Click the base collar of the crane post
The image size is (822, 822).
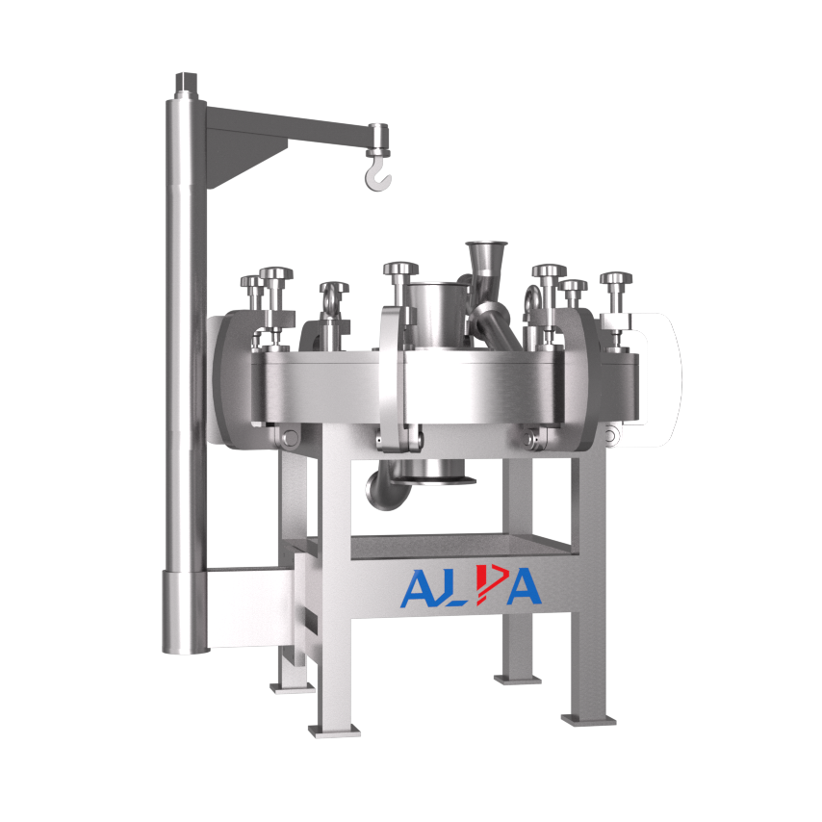184,611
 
